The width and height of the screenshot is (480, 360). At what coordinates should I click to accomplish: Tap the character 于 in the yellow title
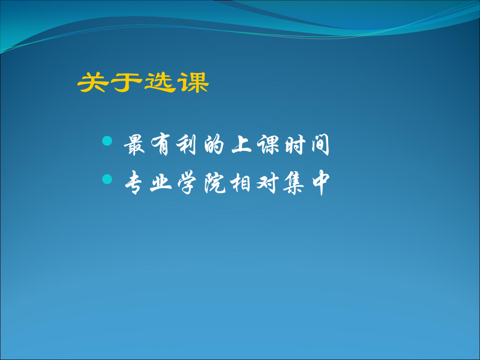click(126, 82)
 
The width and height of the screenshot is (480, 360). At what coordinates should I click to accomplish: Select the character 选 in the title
click(160, 82)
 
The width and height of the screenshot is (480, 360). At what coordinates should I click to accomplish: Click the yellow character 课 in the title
click(194, 82)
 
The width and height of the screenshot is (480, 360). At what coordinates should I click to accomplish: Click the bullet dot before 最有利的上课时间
click(107, 141)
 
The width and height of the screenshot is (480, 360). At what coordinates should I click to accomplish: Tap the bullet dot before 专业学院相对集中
click(107, 179)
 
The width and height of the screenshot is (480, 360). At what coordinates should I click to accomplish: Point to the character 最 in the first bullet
click(134, 145)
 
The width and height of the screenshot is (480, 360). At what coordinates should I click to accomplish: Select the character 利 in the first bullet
click(186, 145)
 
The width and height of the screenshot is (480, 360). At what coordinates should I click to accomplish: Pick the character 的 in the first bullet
click(214, 145)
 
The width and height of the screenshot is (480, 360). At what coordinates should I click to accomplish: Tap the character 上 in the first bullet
click(242, 144)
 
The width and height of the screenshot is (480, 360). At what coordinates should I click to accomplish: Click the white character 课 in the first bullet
click(268, 145)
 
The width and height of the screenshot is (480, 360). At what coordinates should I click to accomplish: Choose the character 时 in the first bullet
click(295, 145)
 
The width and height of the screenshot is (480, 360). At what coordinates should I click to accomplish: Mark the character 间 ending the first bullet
click(321, 145)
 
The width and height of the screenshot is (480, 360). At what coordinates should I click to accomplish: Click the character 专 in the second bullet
click(134, 183)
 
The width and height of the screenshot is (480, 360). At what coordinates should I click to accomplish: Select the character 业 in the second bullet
click(161, 183)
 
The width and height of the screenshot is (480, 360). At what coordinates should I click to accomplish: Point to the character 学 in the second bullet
click(187, 183)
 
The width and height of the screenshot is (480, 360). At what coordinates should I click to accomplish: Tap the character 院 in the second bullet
click(215, 183)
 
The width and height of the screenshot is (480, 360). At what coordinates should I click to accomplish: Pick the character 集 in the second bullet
click(293, 183)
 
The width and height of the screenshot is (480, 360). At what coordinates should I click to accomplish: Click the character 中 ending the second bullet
click(321, 183)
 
